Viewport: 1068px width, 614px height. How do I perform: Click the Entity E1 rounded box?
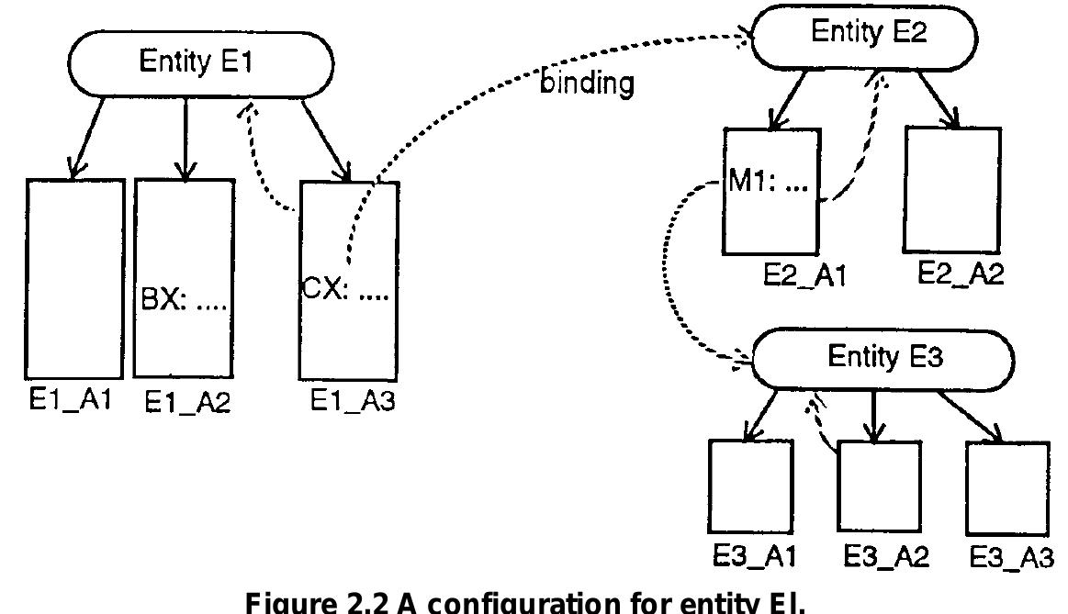coord(195,65)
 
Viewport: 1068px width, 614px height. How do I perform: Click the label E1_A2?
coord(187,404)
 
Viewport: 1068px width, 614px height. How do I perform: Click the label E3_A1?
coord(751,557)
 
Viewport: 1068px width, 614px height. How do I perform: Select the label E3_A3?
coord(1009,557)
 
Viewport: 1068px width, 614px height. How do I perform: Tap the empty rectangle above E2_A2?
coord(952,189)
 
